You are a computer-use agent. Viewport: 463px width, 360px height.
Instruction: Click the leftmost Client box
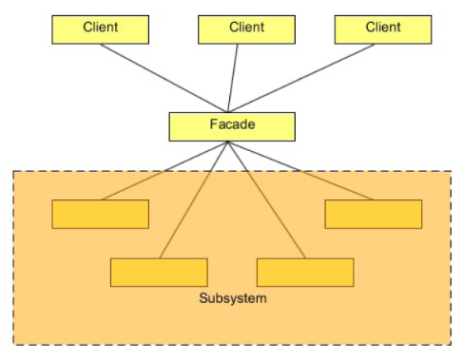point(100,28)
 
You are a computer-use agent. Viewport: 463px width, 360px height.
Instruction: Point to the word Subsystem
point(233,298)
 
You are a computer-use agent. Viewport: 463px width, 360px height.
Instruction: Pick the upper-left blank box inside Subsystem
point(100,214)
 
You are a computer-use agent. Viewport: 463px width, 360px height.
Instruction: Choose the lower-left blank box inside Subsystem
point(159,272)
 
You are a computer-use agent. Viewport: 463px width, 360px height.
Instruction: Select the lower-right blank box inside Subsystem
point(305,272)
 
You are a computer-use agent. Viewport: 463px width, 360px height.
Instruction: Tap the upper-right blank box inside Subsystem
point(373,214)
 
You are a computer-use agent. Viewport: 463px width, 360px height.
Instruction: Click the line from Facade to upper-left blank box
point(162,172)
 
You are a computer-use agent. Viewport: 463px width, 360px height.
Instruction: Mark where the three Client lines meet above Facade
point(227,111)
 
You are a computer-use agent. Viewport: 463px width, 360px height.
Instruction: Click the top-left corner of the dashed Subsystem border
point(13,172)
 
